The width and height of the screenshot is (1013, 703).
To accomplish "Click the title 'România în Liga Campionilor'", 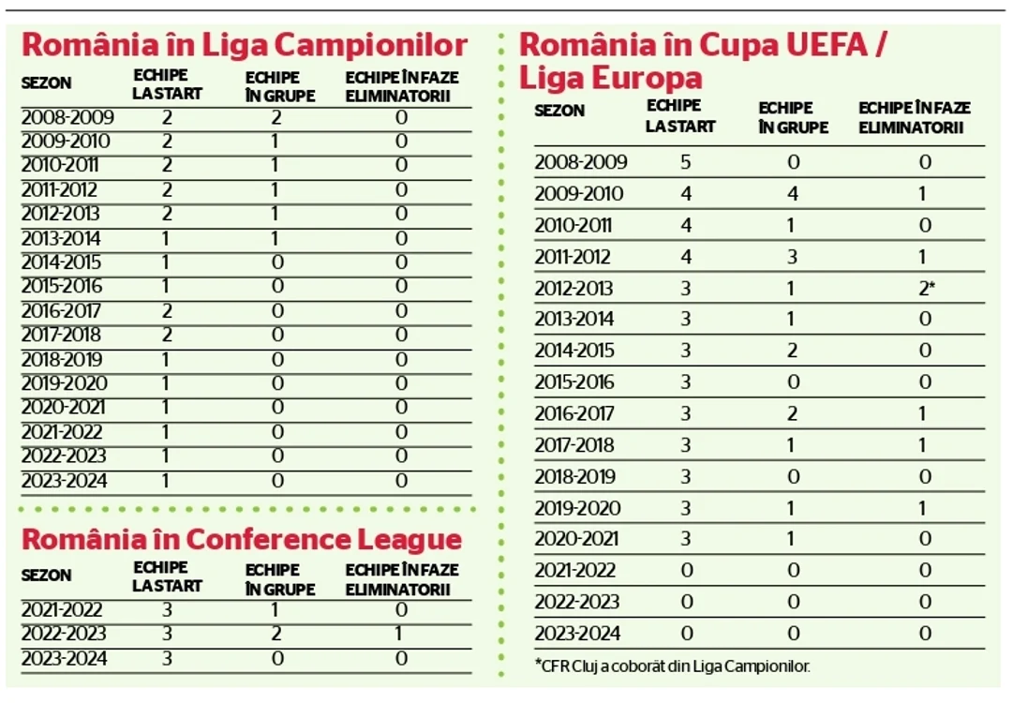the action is pos(245,45).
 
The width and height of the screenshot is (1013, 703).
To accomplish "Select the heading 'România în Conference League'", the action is pos(242,540).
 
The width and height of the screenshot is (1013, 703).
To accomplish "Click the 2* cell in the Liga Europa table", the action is pos(927,288).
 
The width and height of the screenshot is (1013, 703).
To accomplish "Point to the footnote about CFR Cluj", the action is pos(672,666).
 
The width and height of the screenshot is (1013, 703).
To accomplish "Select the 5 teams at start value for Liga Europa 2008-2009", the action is pos(685,161).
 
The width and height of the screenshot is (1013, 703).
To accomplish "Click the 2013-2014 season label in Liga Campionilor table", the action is pos(61,238).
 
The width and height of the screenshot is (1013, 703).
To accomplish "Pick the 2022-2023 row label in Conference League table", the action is pos(64,634).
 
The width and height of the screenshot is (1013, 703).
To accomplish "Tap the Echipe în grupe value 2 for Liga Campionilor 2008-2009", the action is pos(276,117).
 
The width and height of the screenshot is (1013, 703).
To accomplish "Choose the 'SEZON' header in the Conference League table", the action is pos(46,576).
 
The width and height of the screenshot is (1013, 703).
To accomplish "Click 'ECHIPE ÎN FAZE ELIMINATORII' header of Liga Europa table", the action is pos(915,117).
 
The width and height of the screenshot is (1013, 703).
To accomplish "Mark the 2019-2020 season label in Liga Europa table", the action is pos(577,508).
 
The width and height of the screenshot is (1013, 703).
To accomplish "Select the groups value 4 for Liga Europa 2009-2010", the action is pos(792,193).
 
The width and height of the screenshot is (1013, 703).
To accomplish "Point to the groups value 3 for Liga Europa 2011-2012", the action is pos(792,257).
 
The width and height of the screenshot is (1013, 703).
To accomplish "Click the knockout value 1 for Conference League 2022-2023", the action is pos(398,634).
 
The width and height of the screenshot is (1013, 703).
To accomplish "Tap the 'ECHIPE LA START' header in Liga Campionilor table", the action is pos(168,84).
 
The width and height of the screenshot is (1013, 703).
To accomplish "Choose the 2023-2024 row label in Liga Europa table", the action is pos(577,634).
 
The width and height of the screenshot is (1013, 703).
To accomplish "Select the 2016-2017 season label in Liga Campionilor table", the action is pos(61,311).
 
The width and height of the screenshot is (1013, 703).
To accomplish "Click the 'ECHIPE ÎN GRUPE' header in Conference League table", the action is pos(280,579).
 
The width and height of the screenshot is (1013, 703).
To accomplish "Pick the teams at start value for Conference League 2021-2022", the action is pos(167,610).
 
